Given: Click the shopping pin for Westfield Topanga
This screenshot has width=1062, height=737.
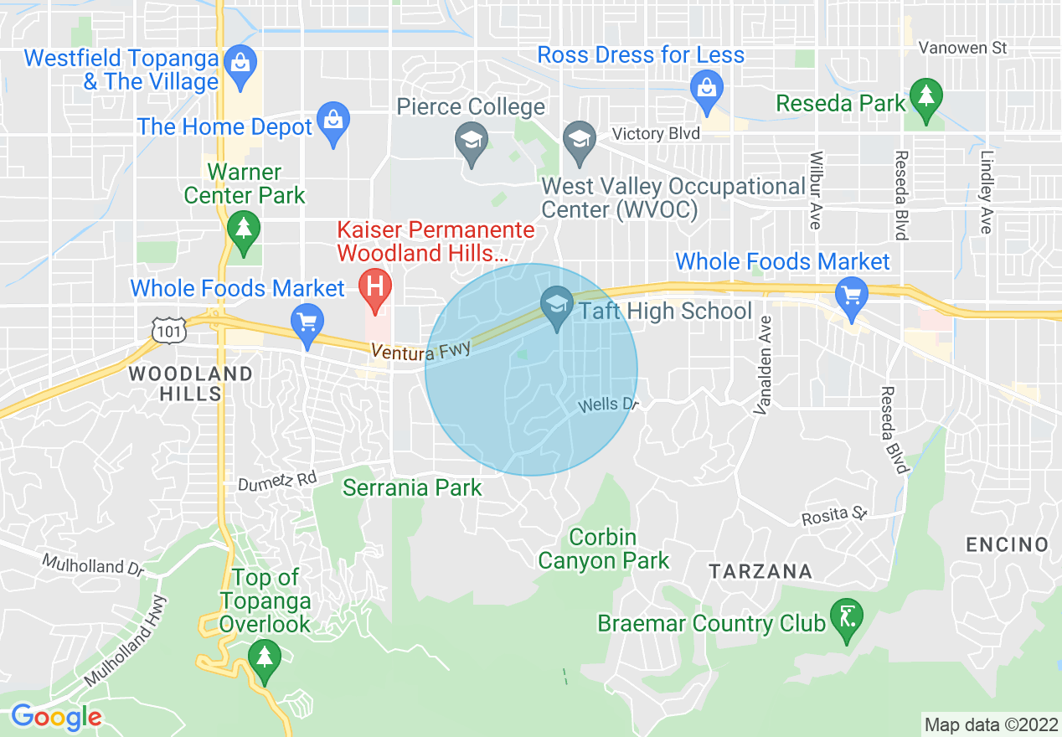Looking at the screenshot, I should (241, 64).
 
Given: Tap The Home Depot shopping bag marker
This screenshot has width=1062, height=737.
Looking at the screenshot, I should (333, 121).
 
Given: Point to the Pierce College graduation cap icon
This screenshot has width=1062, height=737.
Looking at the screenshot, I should (472, 139).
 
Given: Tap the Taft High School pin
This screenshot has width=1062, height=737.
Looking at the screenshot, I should (557, 302).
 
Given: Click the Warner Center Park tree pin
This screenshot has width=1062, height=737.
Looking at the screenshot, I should (244, 229).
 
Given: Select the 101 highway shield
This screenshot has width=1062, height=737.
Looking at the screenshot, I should (163, 330).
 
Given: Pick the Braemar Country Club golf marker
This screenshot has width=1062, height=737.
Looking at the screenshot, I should (846, 616).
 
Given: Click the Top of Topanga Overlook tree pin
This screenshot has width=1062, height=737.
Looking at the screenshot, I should (265, 657).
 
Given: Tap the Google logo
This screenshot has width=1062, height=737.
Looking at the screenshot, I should (56, 717).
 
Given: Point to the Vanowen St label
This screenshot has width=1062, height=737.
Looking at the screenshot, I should (962, 48).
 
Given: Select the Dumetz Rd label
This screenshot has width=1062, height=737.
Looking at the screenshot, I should (277, 481).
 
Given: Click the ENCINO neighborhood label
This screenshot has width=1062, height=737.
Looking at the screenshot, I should (1007, 545).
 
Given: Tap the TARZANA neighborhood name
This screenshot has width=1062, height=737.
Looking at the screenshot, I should (760, 572).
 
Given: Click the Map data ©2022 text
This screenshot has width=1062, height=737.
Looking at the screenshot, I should (989, 724).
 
